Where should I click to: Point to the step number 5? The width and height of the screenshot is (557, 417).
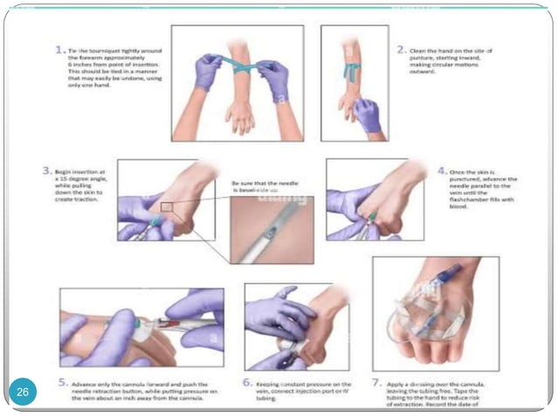[63, 381]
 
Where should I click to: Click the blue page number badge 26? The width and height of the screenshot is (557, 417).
[23, 393]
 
